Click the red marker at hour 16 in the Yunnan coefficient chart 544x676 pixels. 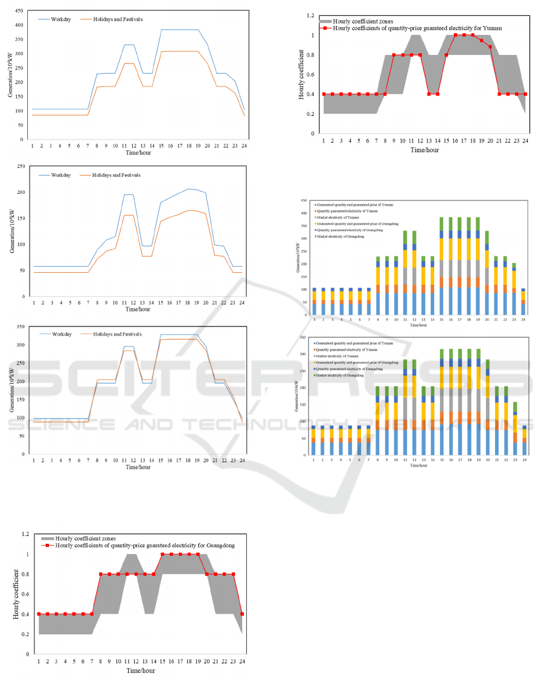click(x=455, y=35)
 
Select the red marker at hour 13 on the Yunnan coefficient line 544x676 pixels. click(x=429, y=94)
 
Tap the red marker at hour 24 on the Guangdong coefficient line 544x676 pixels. click(x=242, y=614)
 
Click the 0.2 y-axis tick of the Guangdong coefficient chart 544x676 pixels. click(x=25, y=634)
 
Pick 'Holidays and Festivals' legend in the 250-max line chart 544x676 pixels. click(x=115, y=175)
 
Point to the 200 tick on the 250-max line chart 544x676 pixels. click(x=21, y=192)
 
